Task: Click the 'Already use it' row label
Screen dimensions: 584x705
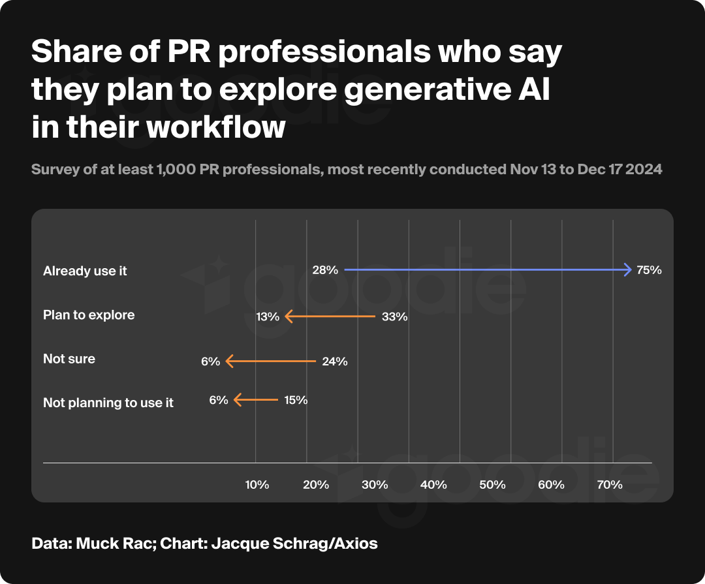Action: click(x=85, y=271)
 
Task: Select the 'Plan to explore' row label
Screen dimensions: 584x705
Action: click(x=89, y=315)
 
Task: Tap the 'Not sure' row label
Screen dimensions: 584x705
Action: click(x=69, y=359)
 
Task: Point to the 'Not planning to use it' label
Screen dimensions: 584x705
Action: click(x=108, y=403)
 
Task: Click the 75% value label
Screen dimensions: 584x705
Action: click(x=650, y=269)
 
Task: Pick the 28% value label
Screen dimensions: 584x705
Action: click(x=325, y=269)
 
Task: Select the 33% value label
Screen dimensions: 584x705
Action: click(x=395, y=317)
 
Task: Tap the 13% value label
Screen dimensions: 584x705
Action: click(x=268, y=317)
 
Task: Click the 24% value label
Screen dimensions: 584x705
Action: click(x=335, y=361)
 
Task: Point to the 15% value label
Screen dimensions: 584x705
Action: click(x=296, y=400)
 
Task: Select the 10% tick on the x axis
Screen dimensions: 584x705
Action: click(x=257, y=485)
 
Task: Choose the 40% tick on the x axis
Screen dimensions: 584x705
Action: click(x=433, y=485)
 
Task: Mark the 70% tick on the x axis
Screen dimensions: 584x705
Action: click(x=610, y=485)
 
